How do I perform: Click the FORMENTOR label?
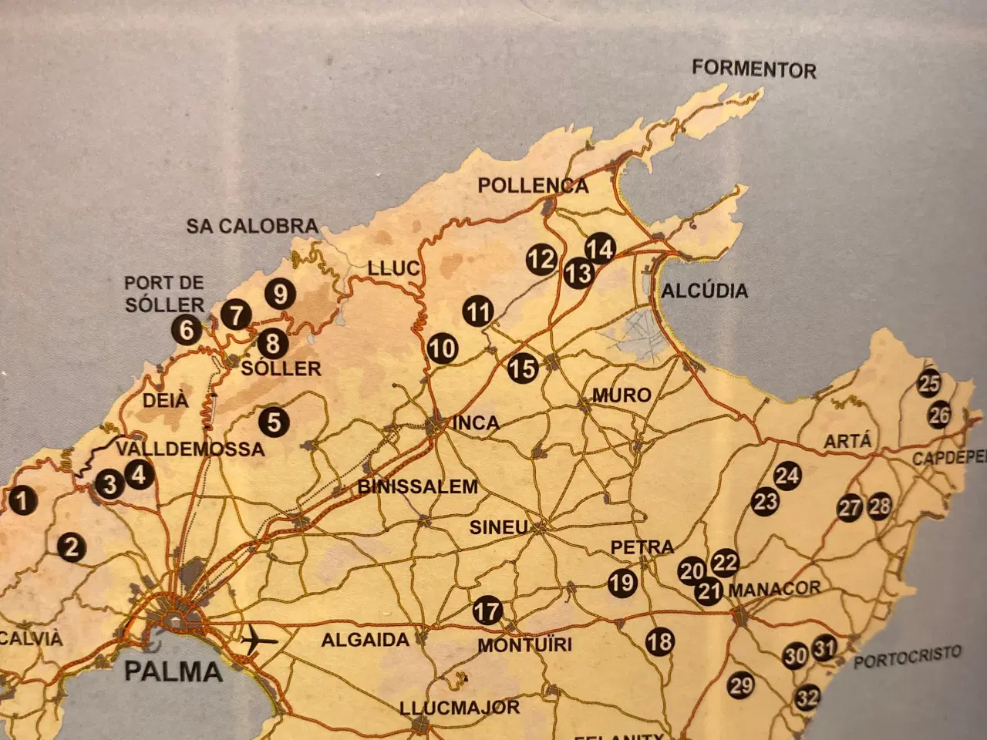click(753, 69)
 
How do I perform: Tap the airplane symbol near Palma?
click(259, 640)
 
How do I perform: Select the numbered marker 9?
click(280, 294)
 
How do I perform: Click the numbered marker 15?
click(523, 368)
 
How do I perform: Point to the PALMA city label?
click(173, 671)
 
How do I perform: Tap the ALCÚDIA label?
click(704, 291)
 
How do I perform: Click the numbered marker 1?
click(23, 501)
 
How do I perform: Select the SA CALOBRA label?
click(252, 226)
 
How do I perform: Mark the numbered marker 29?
click(740, 684)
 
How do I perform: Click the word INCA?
click(476, 422)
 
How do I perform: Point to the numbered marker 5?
click(274, 422)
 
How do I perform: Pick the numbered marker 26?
click(938, 415)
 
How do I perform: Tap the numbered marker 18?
click(660, 641)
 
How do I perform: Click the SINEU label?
click(499, 528)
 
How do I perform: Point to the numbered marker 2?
click(72, 547)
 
